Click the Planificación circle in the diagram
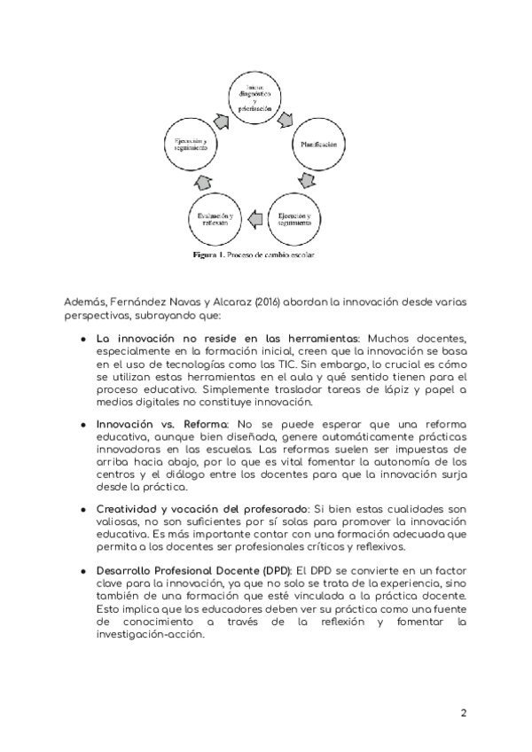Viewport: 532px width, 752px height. [317, 144]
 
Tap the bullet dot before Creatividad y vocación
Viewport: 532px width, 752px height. [82, 509]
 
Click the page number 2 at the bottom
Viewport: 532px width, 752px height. [463, 713]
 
